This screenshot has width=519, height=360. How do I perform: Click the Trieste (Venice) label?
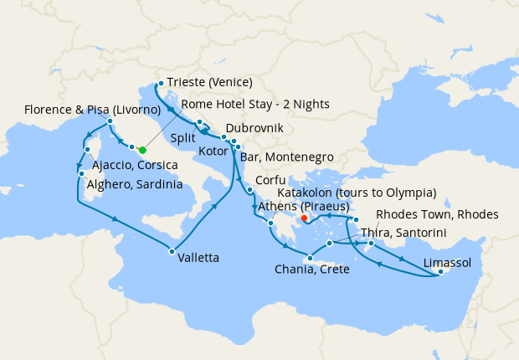tap(209, 82)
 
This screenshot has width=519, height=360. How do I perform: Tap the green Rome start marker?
tap(142, 150)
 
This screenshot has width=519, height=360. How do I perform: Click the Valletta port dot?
tap(171, 251)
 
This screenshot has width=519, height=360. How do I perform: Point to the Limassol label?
tap(447, 263)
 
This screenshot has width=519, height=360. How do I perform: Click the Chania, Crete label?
tap(311, 270)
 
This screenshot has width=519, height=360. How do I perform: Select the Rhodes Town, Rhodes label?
tap(437, 214)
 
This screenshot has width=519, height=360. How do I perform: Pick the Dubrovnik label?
tap(254, 128)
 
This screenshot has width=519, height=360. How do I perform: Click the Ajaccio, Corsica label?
tap(136, 165)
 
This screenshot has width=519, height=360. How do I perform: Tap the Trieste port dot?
tap(160, 83)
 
